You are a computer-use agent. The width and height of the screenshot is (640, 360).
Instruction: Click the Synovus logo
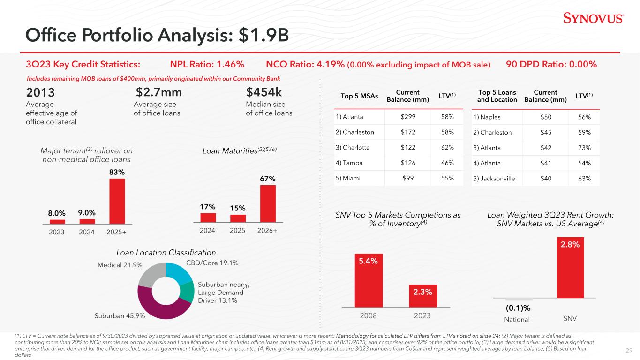pos(593,18)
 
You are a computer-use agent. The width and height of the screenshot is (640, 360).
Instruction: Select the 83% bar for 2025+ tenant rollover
pos(117,201)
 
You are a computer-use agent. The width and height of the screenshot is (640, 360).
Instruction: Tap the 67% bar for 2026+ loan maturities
pos(268,204)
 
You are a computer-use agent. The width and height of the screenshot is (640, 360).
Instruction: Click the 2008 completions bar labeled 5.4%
pos(369,280)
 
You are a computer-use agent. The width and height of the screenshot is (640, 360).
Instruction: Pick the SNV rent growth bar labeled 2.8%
pos(570,268)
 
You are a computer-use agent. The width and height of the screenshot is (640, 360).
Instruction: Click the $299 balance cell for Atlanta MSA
pos(408,117)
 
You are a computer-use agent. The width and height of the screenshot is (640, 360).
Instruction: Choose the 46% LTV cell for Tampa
pos(447,163)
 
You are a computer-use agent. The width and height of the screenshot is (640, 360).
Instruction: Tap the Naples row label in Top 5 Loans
pos(487,117)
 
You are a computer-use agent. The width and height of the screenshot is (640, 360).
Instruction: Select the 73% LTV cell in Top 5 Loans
pos(584,148)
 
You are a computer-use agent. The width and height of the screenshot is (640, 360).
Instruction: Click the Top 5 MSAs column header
pos(359,96)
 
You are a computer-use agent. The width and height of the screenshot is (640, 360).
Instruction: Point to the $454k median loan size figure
pos(264,92)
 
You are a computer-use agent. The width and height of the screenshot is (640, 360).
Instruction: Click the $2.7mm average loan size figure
pos(159,92)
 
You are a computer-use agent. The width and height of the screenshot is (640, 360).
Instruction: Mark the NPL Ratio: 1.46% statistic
pos(207,64)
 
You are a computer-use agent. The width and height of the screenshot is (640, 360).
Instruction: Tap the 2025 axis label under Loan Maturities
pos(237,230)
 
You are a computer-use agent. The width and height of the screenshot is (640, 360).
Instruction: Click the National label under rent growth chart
pos(517,319)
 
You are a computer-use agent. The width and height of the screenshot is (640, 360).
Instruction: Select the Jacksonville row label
pos(494,179)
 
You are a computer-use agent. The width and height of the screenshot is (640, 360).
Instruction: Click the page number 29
pos(629,351)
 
